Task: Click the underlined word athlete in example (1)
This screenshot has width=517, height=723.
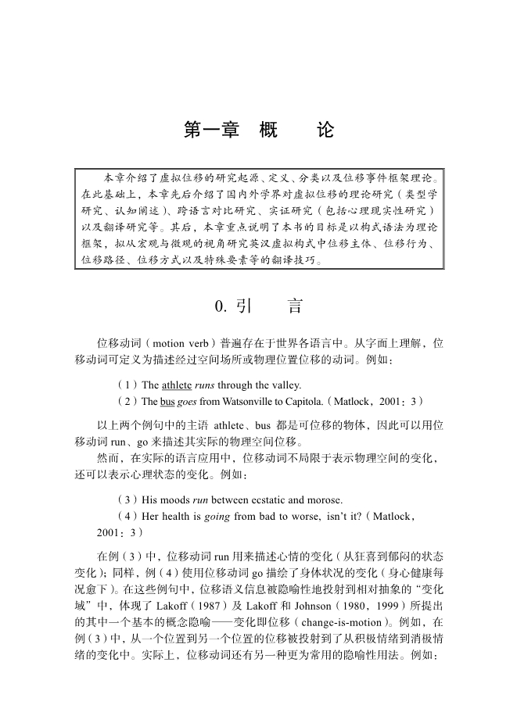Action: [x=177, y=385]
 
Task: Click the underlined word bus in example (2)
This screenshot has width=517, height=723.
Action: [x=167, y=402]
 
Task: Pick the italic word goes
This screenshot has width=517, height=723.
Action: [x=187, y=402]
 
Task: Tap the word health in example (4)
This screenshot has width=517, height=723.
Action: [x=171, y=516]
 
